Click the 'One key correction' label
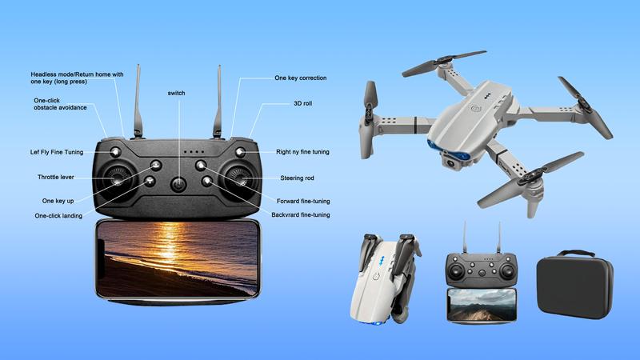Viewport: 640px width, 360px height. pyautogui.click(x=301, y=78)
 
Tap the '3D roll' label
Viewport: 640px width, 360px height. pyautogui.click(x=303, y=104)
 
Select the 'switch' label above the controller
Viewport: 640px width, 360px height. pyautogui.click(x=176, y=93)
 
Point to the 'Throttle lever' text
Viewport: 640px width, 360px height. pyautogui.click(x=56, y=177)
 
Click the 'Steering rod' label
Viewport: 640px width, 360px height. pyautogui.click(x=297, y=178)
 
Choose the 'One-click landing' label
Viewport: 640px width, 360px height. pyautogui.click(x=58, y=216)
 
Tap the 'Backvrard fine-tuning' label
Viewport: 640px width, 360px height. pyautogui.click(x=301, y=214)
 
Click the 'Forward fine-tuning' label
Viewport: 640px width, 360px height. pyautogui.click(x=303, y=202)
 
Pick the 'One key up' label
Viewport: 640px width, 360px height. pyautogui.click(x=58, y=201)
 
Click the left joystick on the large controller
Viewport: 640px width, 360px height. pyautogui.click(x=117, y=178)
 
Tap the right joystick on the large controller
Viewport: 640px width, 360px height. pyautogui.click(x=239, y=178)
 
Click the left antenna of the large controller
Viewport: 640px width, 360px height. pyautogui.click(x=138, y=102)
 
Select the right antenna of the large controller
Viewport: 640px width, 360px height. pyautogui.click(x=218, y=102)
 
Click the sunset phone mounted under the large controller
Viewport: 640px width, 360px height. pyautogui.click(x=178, y=259)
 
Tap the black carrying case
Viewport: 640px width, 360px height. pyautogui.click(x=574, y=284)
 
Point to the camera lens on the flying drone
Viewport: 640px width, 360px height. pyautogui.click(x=450, y=163)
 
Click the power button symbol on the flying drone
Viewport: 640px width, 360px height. pyautogui.click(x=475, y=109)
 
